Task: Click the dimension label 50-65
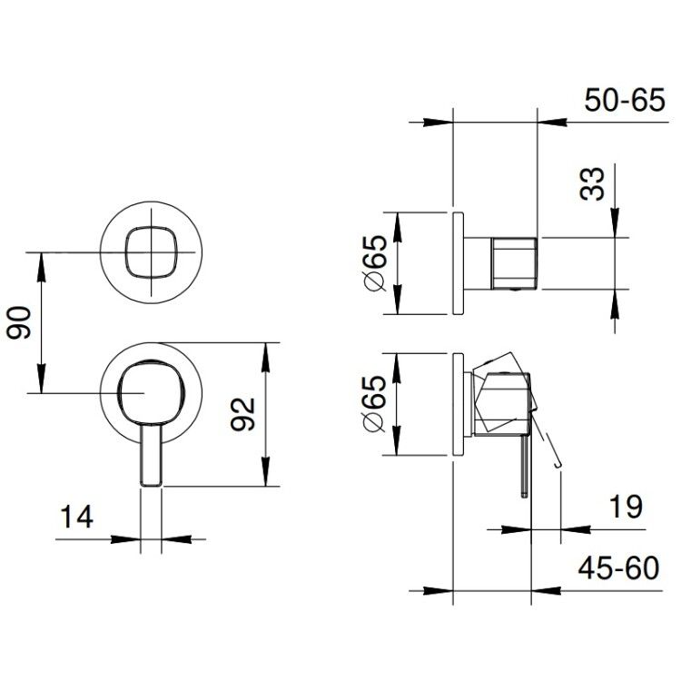(624, 100)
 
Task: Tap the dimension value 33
(592, 183)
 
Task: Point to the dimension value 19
(626, 507)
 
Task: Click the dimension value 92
(242, 414)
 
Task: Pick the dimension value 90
(19, 321)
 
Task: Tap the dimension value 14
(76, 517)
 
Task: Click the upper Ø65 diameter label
(374, 263)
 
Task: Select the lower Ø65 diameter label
(374, 404)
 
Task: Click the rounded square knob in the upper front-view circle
(151, 252)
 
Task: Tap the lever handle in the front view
(151, 455)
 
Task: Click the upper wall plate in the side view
(459, 263)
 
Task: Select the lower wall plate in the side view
(459, 404)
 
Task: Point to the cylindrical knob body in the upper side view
(514, 263)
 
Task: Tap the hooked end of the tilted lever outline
(558, 466)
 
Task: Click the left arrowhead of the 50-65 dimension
(438, 122)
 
